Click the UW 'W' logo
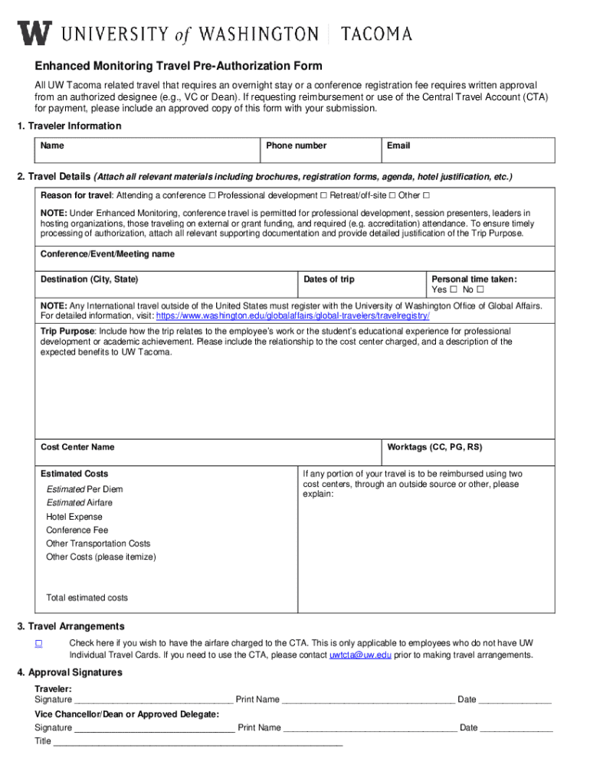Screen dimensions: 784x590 coord(35,33)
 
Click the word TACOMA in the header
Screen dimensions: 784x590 coord(376,34)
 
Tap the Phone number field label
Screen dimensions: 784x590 coord(296,145)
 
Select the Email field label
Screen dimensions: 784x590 coord(398,145)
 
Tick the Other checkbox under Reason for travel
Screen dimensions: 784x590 coord(427,195)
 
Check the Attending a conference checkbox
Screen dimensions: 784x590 coord(211,195)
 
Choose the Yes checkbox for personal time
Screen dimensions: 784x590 coord(454,290)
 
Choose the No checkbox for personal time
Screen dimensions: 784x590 coord(480,290)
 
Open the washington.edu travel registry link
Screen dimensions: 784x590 coord(293,315)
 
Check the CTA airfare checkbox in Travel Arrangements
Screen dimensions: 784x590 coord(38,643)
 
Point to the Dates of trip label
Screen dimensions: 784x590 coord(329,279)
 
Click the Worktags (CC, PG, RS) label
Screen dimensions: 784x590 coord(434,447)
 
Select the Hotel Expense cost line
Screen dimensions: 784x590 coord(74,517)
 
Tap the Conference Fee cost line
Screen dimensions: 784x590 coord(77,530)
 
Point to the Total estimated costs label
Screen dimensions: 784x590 coord(87,598)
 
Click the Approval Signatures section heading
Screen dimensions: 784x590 coord(70,673)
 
